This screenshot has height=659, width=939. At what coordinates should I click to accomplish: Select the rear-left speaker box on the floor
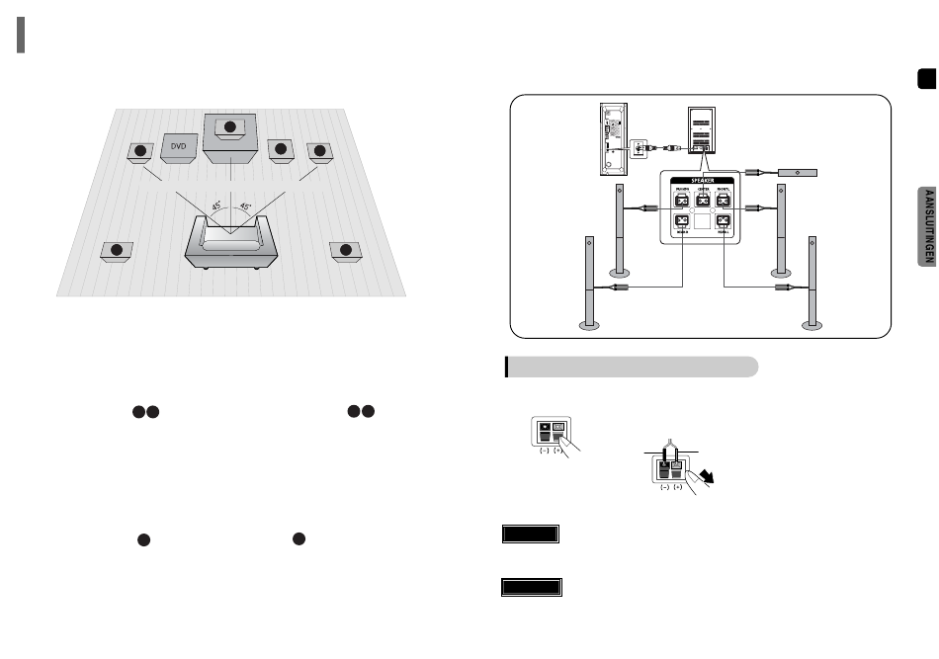117,251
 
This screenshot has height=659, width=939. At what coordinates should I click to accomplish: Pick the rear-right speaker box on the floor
345,251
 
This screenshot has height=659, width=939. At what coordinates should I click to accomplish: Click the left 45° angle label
216,209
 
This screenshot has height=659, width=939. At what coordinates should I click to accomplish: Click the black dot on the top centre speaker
230,127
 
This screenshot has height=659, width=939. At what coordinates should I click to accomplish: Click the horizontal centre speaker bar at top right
798,172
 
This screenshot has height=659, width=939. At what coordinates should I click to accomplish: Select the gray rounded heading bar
633,367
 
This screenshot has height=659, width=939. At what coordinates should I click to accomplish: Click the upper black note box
531,535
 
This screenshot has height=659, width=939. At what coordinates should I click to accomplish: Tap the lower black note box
531,588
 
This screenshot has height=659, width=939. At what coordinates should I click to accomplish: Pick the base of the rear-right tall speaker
813,322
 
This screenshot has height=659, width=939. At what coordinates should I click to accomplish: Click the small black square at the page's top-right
925,79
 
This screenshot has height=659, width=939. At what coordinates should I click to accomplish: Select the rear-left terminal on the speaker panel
681,223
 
